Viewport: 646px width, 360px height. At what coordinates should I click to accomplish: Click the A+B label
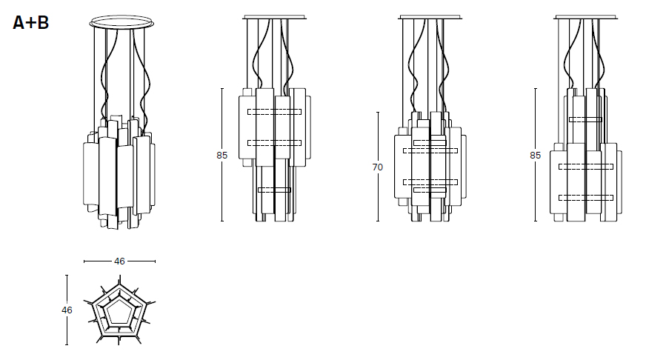tap(31, 23)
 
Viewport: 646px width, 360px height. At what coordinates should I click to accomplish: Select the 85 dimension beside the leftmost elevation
tap(222, 156)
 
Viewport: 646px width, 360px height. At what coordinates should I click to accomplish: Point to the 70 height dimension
tap(377, 167)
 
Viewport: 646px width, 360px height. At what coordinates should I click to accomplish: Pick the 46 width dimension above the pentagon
tap(119, 261)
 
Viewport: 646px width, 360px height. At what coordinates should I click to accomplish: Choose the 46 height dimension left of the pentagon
tap(67, 310)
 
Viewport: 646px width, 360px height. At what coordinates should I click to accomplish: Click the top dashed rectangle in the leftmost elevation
tap(274, 112)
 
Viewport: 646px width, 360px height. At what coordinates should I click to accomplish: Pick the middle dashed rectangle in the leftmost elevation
tap(274, 142)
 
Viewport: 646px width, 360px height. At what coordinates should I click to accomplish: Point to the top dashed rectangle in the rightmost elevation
tap(585, 119)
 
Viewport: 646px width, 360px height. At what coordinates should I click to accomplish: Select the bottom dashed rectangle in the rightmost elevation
tap(585, 197)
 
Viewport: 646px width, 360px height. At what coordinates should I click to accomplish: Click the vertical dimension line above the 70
tap(378, 137)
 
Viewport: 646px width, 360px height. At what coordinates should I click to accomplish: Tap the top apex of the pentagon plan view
tap(119, 280)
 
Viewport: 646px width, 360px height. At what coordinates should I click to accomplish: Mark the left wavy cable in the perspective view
tap(104, 81)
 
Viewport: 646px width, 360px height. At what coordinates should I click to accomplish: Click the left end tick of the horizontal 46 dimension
tap(84, 261)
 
